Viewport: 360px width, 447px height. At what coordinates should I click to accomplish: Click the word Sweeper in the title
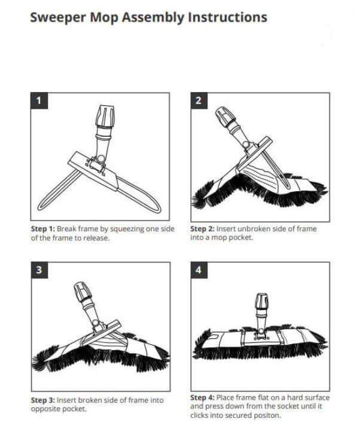(58, 17)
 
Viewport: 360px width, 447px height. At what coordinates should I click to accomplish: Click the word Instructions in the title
(227, 17)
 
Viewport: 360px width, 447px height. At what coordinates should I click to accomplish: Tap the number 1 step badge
(39, 100)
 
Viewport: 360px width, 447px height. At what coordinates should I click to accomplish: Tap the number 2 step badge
(199, 100)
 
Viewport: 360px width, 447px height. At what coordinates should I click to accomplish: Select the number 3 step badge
(39, 270)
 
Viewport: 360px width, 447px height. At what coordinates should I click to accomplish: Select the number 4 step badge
(199, 270)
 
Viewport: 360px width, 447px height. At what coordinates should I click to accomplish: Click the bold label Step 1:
(43, 229)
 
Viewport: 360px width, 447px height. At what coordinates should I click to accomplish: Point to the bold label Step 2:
(202, 229)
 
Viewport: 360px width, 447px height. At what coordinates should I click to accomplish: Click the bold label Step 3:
(43, 400)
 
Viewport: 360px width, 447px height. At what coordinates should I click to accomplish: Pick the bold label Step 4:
(202, 397)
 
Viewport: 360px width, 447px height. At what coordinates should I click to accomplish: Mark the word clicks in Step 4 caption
(199, 415)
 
